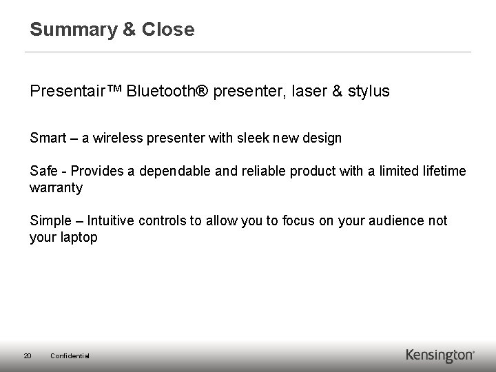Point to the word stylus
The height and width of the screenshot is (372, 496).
coord(369,91)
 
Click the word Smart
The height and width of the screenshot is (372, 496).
coord(48,138)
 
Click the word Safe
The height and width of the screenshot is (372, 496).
coord(43,171)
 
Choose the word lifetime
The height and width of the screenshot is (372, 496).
coord(442,171)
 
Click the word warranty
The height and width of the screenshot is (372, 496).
coord(56,187)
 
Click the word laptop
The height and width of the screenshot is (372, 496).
coord(77,237)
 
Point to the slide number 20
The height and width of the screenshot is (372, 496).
coord(27,355)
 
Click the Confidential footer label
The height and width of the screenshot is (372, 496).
coord(70,355)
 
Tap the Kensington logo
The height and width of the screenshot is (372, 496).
coord(440,355)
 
